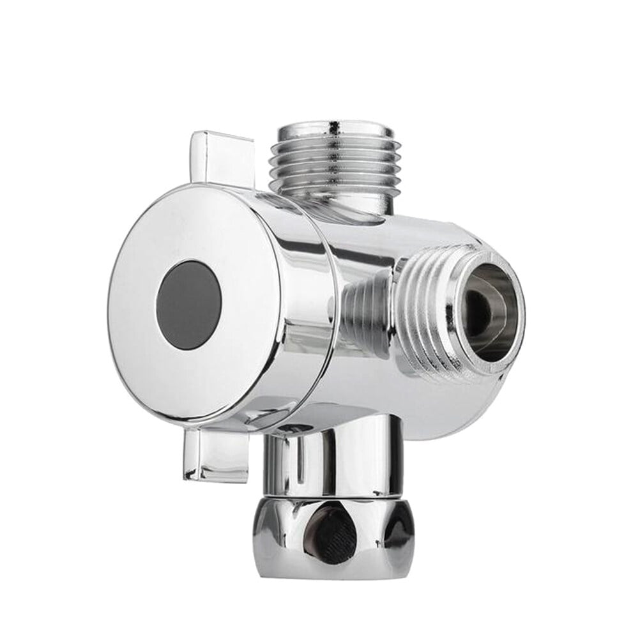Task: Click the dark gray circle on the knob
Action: pyautogui.click(x=189, y=294)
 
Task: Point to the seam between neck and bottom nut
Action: pyautogui.click(x=326, y=495)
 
